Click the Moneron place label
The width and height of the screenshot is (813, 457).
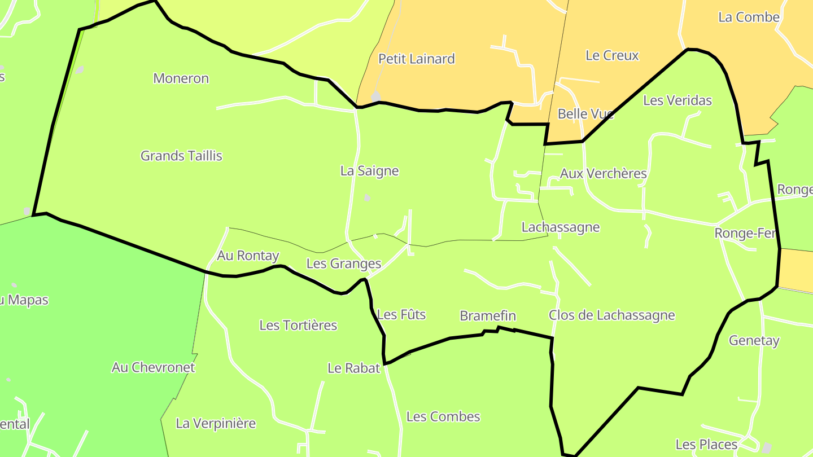(181, 78)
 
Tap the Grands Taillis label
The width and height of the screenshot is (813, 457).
(181, 156)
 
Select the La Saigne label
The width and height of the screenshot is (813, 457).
(369, 171)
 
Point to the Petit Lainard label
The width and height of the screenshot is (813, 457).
(416, 59)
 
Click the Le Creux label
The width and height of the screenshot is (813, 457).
(612, 55)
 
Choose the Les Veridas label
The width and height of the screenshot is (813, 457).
(677, 100)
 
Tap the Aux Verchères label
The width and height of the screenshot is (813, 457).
(603, 173)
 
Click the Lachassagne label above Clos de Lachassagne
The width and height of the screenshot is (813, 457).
(560, 227)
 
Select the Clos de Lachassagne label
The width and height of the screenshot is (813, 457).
(611, 315)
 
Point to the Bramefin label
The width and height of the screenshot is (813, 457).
(488, 316)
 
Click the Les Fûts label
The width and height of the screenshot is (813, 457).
(401, 315)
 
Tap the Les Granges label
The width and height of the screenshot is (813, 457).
(343, 263)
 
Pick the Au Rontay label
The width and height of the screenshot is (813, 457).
(248, 256)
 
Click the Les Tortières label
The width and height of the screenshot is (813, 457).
(298, 325)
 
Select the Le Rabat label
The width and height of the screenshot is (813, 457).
(354, 368)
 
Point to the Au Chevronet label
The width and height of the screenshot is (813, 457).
(153, 367)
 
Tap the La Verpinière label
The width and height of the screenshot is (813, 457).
(216, 423)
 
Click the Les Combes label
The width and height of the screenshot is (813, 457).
(443, 417)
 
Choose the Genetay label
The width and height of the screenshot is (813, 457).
(754, 341)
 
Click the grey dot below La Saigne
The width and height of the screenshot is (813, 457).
(367, 197)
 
